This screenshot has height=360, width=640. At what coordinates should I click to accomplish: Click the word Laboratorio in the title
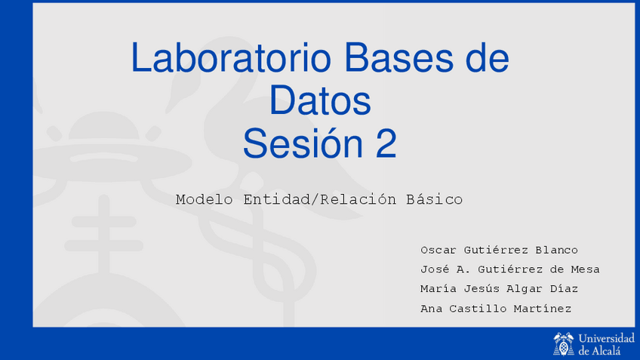[231, 57]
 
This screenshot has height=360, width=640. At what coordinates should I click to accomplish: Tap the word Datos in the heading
[320, 100]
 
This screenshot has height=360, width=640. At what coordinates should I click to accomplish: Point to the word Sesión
[303, 143]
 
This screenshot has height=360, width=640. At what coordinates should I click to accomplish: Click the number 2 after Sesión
[386, 143]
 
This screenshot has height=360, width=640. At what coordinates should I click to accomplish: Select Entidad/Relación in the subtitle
[319, 199]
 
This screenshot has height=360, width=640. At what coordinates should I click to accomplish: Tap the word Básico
[434, 199]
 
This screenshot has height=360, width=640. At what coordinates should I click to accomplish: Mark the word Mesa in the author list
[585, 269]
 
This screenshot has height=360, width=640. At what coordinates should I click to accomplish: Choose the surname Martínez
[542, 308]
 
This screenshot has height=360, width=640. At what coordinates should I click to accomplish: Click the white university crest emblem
[563, 343]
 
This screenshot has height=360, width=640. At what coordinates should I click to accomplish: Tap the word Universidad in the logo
[607, 338]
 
